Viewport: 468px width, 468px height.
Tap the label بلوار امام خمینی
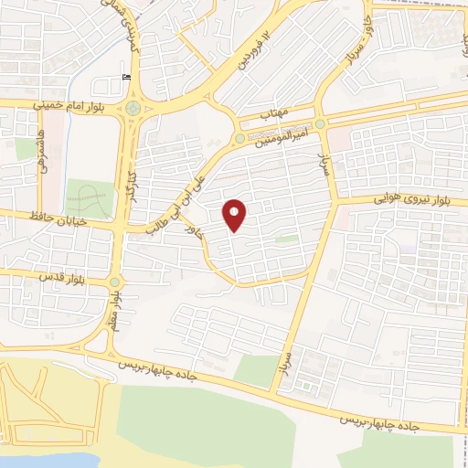click(x=68, y=105)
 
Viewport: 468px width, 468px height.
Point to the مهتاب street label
click(x=274, y=114)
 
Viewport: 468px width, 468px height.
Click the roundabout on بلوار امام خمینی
click(x=135, y=109)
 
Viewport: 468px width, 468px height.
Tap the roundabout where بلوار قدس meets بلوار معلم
click(x=114, y=282)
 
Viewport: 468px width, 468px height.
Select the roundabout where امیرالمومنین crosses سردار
click(x=321, y=123)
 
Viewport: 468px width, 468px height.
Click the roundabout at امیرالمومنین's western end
click(x=239, y=138)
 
